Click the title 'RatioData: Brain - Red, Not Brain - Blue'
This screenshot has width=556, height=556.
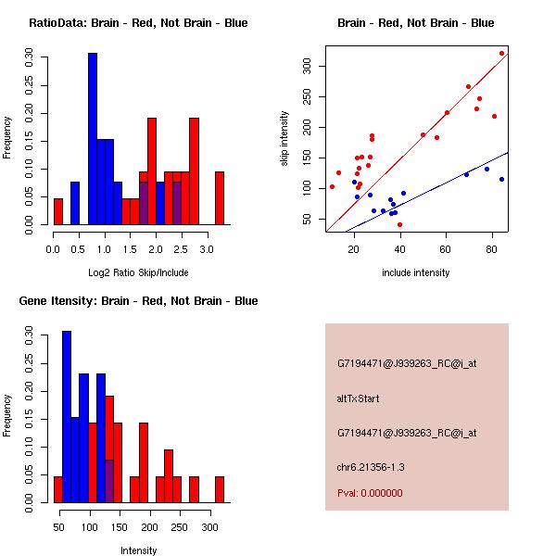coord(138,23)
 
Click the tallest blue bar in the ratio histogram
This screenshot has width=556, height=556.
coord(93,139)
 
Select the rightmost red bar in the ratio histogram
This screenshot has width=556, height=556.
coord(220,197)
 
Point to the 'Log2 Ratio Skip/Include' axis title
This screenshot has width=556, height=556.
coord(137,272)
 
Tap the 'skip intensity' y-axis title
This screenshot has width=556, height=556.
coord(284,139)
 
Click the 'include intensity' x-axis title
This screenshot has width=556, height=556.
coord(416,272)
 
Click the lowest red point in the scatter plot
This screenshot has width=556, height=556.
coord(399,224)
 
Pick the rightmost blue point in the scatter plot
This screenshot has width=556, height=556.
coord(501,179)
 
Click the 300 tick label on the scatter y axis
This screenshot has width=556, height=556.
coord(306,66)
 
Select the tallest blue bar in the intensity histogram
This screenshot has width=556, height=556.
coord(67,416)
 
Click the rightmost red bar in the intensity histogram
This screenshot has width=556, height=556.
coord(220,489)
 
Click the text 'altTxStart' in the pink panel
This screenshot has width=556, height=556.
coord(359,398)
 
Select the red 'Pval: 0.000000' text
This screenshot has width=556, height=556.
coord(370,493)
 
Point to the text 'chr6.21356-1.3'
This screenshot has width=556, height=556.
coord(371,466)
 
